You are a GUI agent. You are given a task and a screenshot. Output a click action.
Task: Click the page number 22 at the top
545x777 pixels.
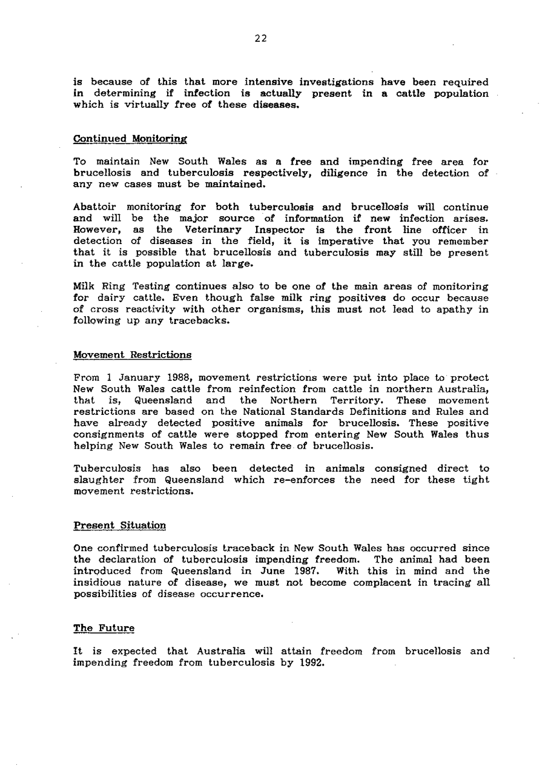260,39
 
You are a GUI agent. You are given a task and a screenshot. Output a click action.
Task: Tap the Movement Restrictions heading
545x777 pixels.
132,354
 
